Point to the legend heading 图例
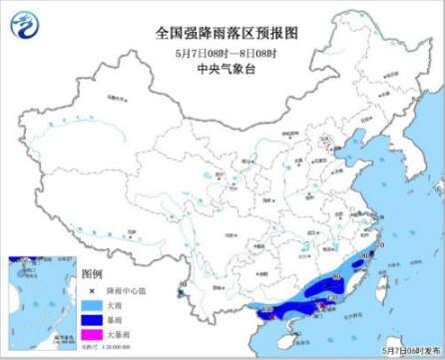tap(91, 271)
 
